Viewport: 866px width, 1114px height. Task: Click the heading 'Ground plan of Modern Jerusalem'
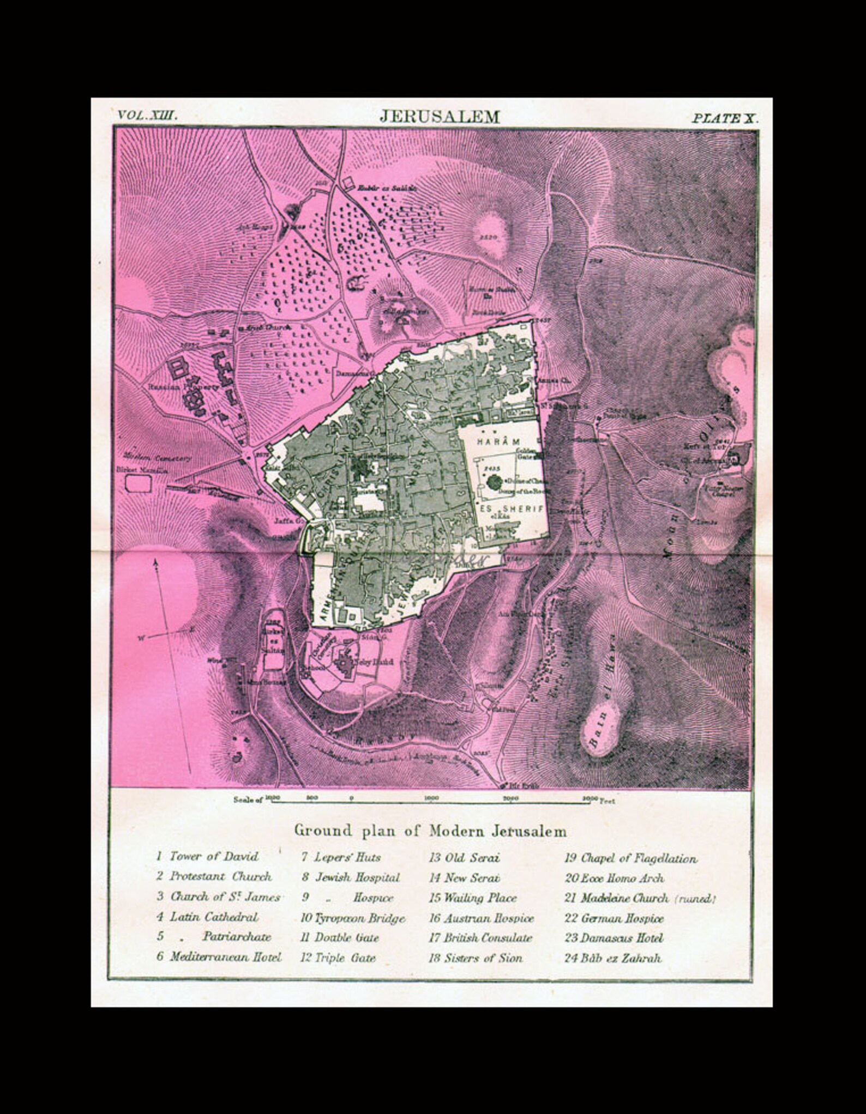[x=430, y=831]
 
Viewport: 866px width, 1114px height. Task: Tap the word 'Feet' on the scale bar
[x=607, y=801]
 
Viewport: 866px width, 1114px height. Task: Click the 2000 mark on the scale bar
[x=510, y=798]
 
